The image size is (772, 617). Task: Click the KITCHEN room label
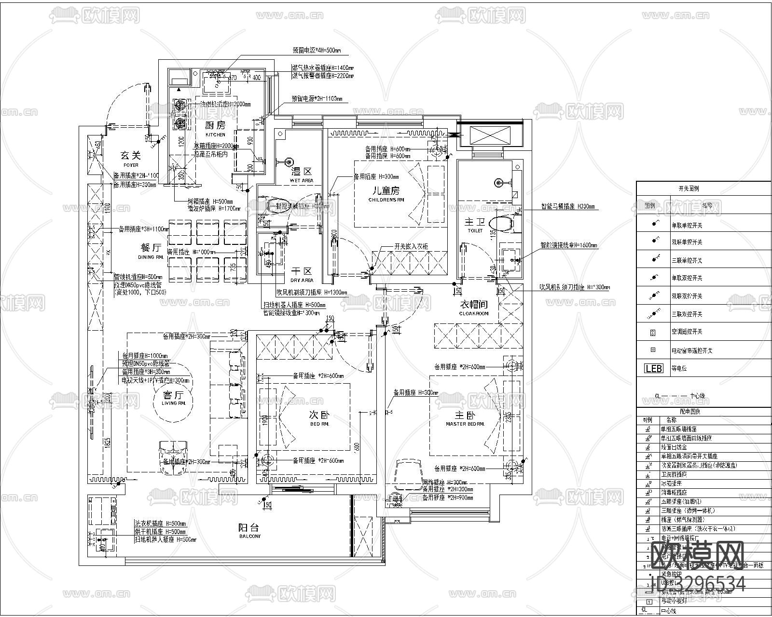click(x=215, y=134)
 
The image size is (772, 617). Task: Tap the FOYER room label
click(x=130, y=165)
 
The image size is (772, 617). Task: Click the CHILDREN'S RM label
click(x=386, y=200)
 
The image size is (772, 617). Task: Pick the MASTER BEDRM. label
click(x=465, y=424)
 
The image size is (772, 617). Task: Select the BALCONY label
click(x=250, y=536)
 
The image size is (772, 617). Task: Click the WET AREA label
click(x=302, y=180)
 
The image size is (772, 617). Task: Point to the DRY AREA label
click(x=302, y=280)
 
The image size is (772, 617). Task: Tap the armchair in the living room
click(x=172, y=452)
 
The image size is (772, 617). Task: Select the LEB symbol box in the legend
click(x=654, y=368)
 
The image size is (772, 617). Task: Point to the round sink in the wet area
click(x=290, y=162)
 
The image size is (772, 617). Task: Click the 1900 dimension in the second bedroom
click(x=264, y=422)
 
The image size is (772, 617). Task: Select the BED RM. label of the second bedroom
click(x=319, y=424)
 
